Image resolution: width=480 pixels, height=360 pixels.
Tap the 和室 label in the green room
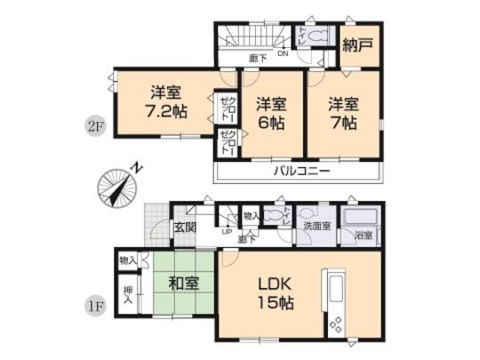coord(182,285)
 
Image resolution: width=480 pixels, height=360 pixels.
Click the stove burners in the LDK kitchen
coord(337,325)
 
